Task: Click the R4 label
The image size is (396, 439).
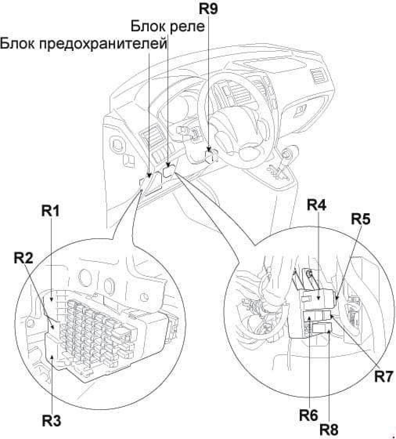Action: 316,204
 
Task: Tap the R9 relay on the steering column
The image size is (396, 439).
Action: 211,157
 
